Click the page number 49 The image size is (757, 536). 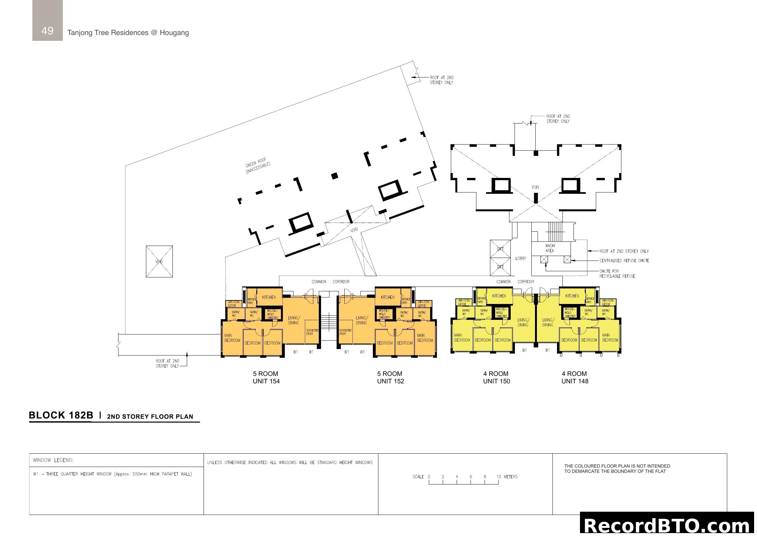[47, 31]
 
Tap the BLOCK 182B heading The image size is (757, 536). [61, 415]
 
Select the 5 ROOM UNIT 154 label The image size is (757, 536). [266, 378]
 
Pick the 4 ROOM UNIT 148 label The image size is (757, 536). [575, 378]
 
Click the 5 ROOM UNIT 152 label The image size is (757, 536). [390, 378]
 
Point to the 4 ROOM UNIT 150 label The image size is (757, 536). [496, 378]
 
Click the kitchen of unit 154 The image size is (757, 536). [269, 297]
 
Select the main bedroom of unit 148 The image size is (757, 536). [610, 337]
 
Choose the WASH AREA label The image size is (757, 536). [550, 248]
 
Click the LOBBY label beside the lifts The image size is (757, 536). [521, 258]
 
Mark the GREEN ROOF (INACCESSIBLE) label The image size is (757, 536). [257, 166]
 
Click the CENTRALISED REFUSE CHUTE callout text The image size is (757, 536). [624, 261]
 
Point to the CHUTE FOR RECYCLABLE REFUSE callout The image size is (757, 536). [617, 274]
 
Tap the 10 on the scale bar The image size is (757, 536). [498, 477]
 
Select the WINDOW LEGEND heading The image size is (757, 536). [53, 460]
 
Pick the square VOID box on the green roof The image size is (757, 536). [159, 262]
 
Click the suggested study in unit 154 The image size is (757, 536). [312, 332]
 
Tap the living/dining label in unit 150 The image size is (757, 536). [523, 322]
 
